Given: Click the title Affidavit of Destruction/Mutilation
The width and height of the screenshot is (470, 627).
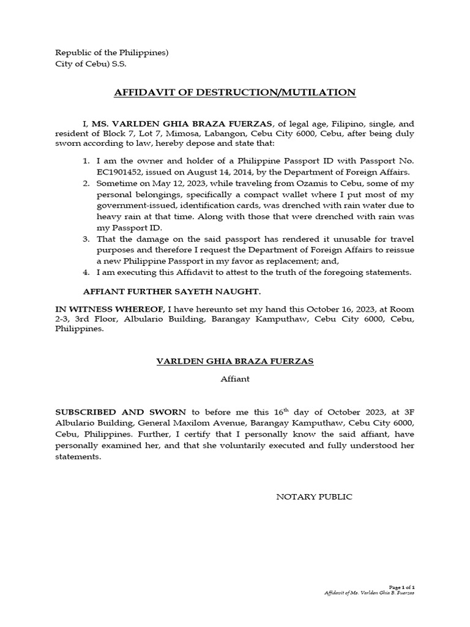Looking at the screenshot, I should pyautogui.click(x=234, y=92).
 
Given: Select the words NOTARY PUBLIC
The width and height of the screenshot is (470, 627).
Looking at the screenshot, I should pyautogui.click(x=315, y=497).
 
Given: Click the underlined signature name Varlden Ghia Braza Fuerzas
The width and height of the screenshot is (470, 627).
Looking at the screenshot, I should pyautogui.click(x=234, y=361).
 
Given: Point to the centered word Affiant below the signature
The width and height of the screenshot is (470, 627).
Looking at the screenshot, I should pyautogui.click(x=235, y=379).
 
